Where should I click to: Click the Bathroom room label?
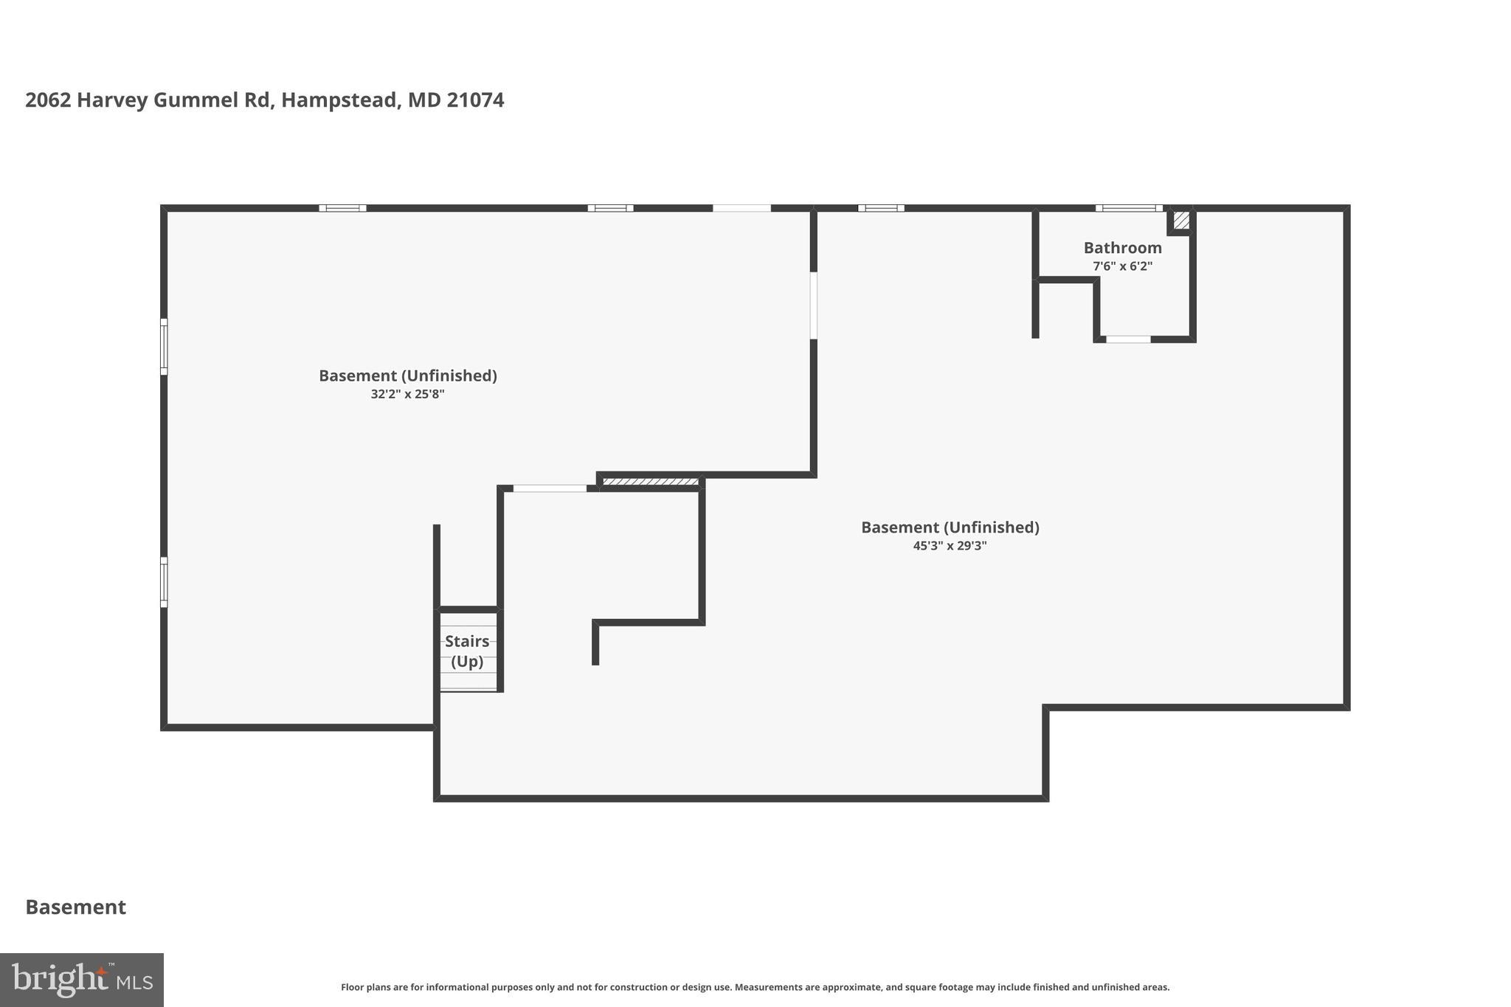click(1122, 248)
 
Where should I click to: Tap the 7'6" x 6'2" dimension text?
click(1122, 266)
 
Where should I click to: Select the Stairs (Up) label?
click(467, 651)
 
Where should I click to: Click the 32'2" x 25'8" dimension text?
click(407, 394)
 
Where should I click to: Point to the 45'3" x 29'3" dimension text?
click(950, 546)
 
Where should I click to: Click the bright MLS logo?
click(82, 980)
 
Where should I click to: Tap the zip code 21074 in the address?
click(475, 100)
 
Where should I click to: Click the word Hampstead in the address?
click(339, 100)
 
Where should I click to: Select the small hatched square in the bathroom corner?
click(1181, 220)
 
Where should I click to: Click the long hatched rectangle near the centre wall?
click(650, 482)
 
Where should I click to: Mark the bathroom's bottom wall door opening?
click(1128, 339)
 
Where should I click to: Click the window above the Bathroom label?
click(1128, 208)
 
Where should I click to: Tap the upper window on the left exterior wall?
click(164, 347)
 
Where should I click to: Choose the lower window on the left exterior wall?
click(164, 582)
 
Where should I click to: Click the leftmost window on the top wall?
click(342, 208)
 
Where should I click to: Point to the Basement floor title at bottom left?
click(76, 907)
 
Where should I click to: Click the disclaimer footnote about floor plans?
click(755, 987)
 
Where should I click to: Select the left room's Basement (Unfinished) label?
click(407, 376)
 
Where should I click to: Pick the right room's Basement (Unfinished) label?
click(950, 527)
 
